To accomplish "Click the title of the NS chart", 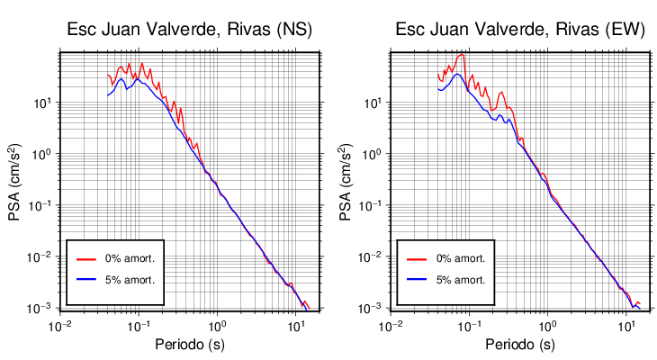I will pos(190,30).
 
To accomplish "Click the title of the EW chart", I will pos(520,30).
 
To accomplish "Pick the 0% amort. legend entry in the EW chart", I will pos(461,258).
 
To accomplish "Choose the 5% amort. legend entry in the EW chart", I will pos(461,279).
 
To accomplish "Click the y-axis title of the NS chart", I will pos(16,180).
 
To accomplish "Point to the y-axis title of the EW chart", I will pos(346,180).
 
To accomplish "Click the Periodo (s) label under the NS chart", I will pos(190,345).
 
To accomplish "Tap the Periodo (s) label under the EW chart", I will pos(520,345).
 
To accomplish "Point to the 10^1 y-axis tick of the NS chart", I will pos(43,103).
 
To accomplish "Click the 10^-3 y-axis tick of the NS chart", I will pos(41,309).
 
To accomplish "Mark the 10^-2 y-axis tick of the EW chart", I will pos(372,257).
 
